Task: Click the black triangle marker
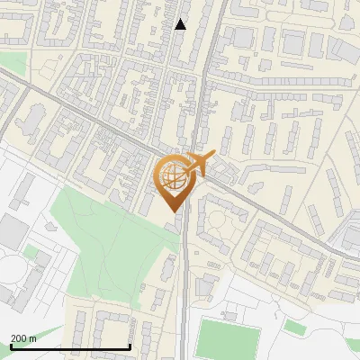[181, 24]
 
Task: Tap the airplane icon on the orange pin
[199, 165]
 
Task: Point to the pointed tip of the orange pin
[174, 211]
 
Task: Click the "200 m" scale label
[23, 337]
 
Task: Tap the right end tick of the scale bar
[130, 345]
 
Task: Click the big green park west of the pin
[108, 234]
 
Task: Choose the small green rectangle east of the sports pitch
[295, 325]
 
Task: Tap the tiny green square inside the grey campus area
[31, 252]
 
